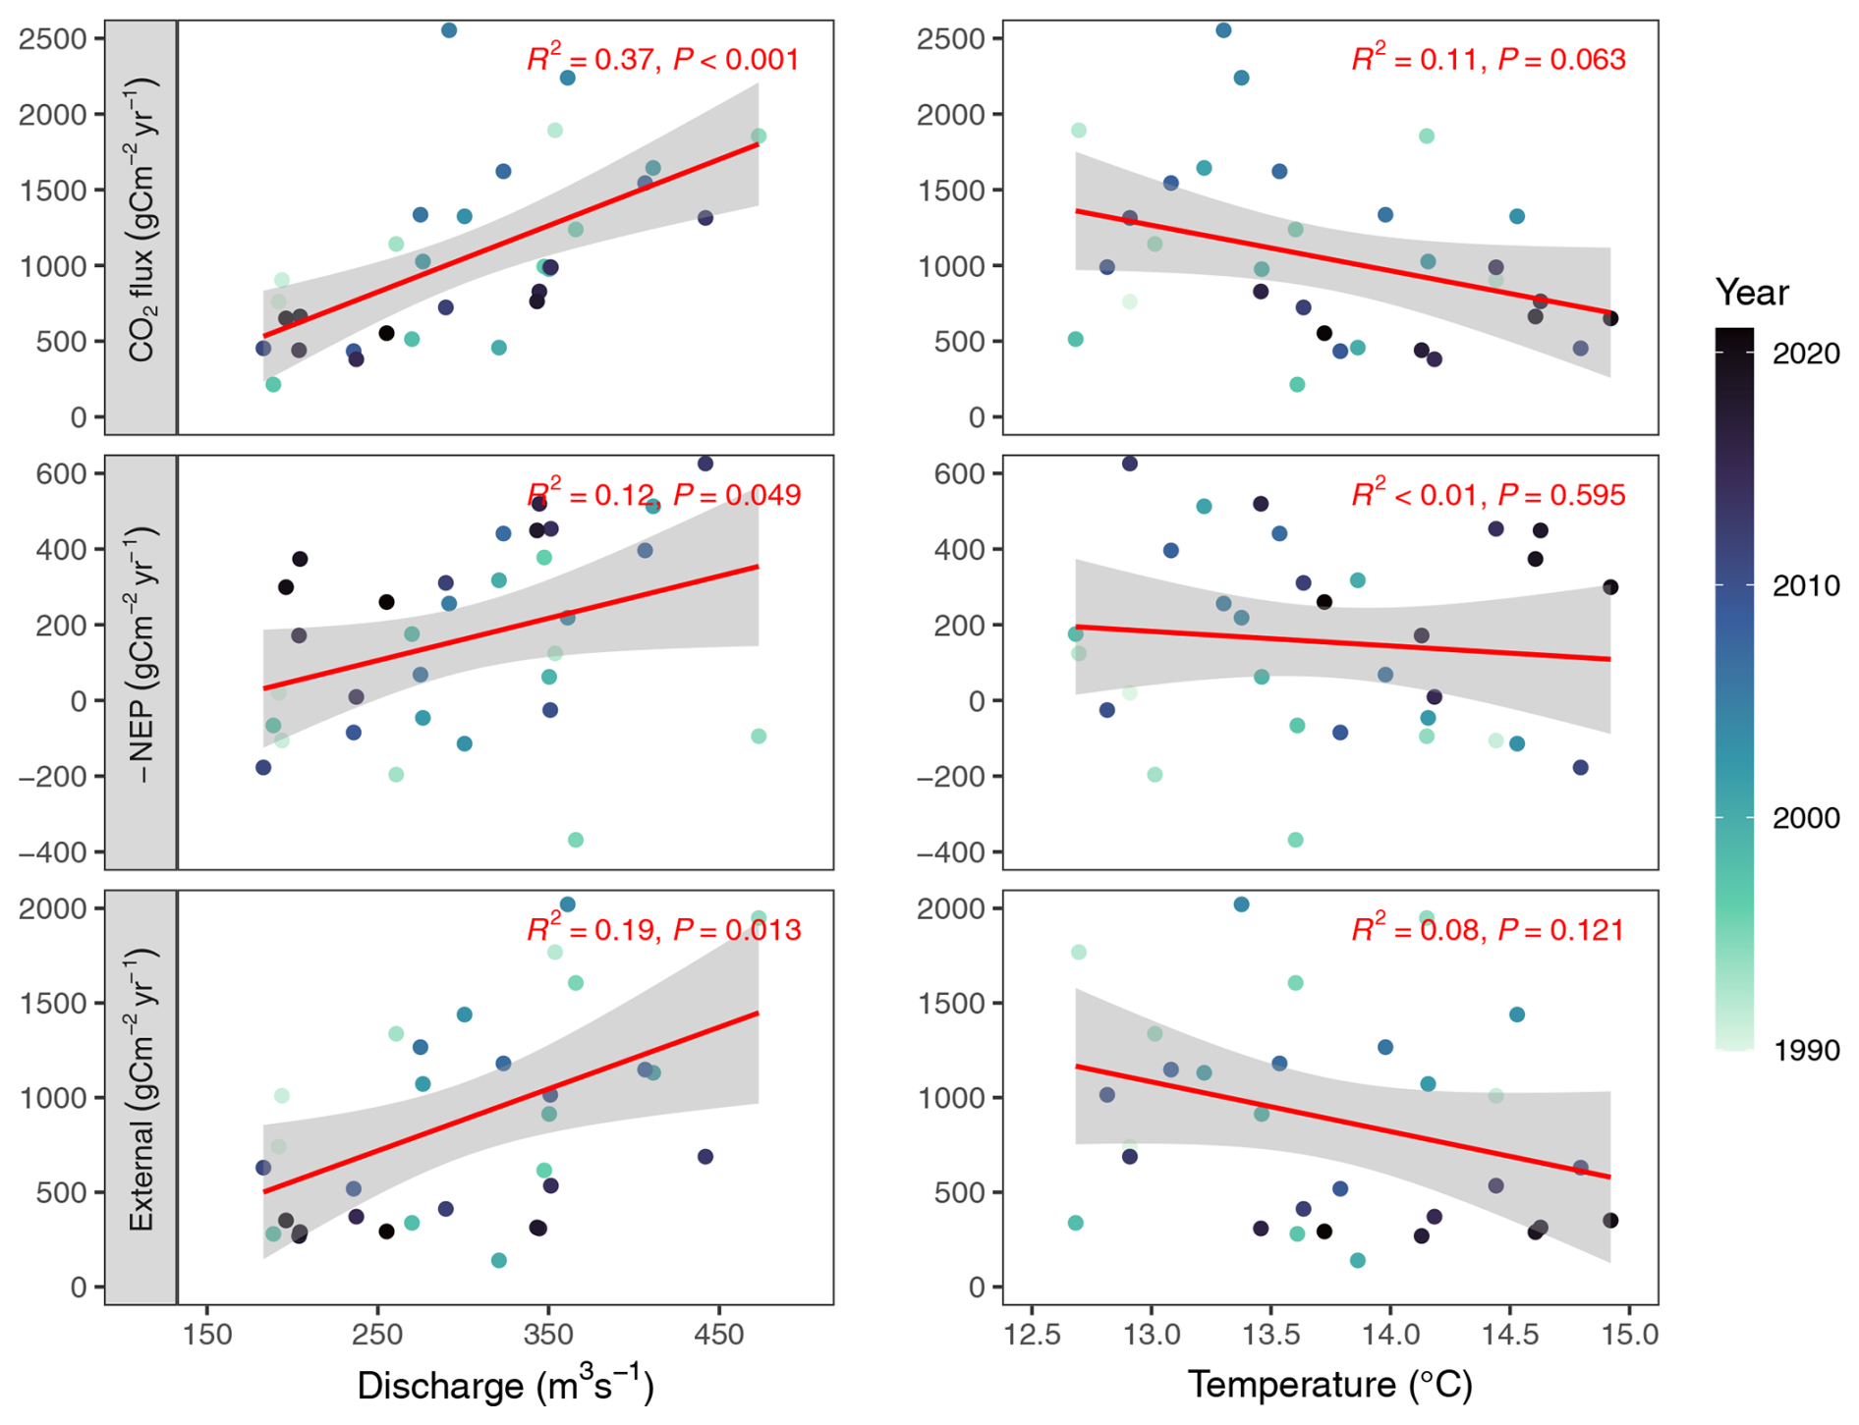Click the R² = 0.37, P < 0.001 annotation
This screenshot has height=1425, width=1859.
pos(663,60)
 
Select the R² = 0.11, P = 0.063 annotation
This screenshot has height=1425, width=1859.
pos(1488,60)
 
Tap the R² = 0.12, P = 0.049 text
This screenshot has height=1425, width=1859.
pos(663,494)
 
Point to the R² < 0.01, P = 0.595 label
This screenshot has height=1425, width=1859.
pos(1488,494)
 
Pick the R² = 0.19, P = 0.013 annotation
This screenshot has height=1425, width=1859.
pos(663,929)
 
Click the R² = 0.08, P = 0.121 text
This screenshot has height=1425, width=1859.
pos(1488,929)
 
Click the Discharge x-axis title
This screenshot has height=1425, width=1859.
pos(505,1385)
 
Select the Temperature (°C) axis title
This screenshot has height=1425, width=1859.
pos(1330,1385)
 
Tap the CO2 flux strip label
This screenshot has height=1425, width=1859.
pos(141,226)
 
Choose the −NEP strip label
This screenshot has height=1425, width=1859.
pos(141,660)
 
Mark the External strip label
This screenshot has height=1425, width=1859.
pos(141,1095)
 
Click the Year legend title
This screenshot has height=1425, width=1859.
pos(1752,293)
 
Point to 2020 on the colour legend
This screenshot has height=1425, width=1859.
pos(1806,354)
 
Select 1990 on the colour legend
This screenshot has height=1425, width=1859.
pos(1806,1050)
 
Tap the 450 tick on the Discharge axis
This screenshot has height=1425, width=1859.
pos(719,1335)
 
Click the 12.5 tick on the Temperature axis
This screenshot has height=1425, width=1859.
pos(1032,1335)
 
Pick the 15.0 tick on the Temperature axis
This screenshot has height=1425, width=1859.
pos(1629,1335)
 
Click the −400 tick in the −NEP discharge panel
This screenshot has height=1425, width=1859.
pos(59,852)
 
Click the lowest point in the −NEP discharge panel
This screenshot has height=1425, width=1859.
pos(576,840)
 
